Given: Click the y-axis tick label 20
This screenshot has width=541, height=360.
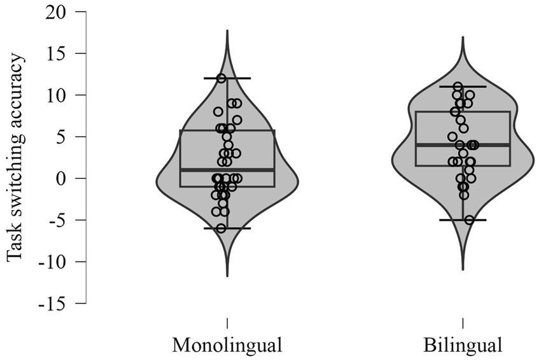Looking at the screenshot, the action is click(59, 11).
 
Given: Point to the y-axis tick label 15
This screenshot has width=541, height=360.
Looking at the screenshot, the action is click(59, 53).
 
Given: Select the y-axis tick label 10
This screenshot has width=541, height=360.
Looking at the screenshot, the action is click(59, 95).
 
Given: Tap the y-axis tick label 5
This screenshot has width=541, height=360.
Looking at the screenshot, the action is click(63, 137).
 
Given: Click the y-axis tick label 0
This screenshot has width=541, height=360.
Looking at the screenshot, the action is click(63, 179).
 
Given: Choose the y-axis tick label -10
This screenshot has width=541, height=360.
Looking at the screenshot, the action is click(55, 262).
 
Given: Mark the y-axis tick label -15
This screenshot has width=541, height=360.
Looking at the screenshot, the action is click(55, 303).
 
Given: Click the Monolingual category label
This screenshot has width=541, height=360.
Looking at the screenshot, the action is click(227, 345).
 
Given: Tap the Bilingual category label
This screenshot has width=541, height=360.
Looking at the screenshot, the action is click(463, 345).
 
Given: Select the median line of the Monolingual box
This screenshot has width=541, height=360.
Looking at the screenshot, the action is click(227, 170).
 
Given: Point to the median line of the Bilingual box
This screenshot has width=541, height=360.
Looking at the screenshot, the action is click(463, 145).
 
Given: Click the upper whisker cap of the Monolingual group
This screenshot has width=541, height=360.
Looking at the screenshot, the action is click(227, 78).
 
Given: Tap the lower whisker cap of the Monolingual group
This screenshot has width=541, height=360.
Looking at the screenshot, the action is click(227, 228).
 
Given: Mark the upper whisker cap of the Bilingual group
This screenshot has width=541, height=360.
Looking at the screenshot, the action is click(463, 87).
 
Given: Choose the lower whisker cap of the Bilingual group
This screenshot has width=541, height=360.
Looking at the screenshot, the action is click(463, 220).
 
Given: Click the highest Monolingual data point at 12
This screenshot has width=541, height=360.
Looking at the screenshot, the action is click(221, 78).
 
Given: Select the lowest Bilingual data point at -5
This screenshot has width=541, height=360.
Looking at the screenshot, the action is click(469, 220).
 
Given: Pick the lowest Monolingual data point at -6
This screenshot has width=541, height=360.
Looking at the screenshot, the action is click(221, 228).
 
